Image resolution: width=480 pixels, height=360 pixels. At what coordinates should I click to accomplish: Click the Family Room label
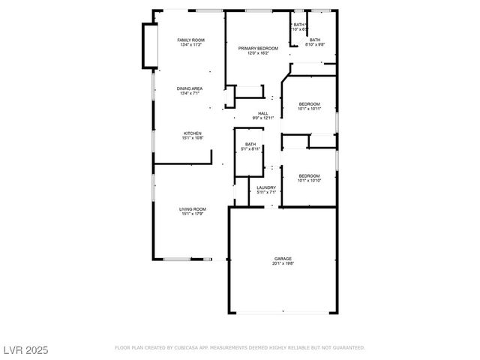pyautogui.click(x=190, y=40)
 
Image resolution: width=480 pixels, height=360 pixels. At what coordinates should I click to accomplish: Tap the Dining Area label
pyautogui.click(x=190, y=88)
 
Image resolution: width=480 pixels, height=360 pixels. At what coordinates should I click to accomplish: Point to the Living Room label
pyautogui.click(x=193, y=208)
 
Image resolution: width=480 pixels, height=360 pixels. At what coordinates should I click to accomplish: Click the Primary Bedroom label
pyautogui.click(x=258, y=48)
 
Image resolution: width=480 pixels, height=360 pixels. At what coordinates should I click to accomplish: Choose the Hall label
pyautogui.click(x=263, y=113)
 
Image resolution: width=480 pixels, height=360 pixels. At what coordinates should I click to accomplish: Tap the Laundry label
pyautogui.click(x=266, y=187)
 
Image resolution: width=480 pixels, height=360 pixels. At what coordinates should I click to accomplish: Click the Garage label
pyautogui.click(x=283, y=259)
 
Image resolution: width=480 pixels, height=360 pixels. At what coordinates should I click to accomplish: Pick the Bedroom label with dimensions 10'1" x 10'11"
pyautogui.click(x=310, y=103)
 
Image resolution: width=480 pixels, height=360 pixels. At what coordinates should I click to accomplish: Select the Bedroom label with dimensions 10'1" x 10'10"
pyautogui.click(x=310, y=175)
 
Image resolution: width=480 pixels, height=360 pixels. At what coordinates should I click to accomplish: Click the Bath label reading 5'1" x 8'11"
pyautogui.click(x=250, y=144)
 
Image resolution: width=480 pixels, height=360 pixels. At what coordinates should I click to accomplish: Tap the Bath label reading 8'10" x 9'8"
pyautogui.click(x=315, y=40)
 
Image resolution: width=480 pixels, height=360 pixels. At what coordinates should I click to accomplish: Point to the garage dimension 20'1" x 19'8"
pyautogui.click(x=283, y=264)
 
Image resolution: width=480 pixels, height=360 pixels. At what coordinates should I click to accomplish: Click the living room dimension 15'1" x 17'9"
pyautogui.click(x=193, y=214)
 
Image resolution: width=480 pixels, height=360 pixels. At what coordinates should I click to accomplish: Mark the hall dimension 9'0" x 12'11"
pyautogui.click(x=263, y=118)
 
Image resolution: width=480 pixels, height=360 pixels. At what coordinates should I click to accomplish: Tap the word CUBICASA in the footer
pyautogui.click(x=187, y=348)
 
